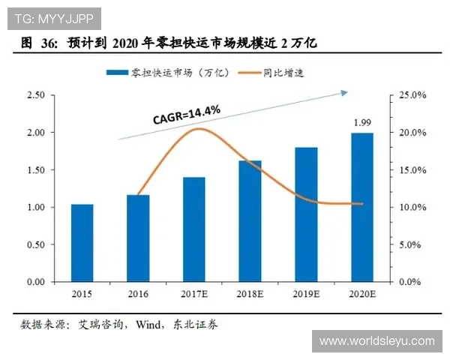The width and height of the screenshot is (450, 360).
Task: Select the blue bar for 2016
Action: [x=138, y=238]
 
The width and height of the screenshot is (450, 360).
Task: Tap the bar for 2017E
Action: [x=193, y=229]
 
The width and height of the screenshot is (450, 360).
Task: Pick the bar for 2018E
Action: [x=250, y=221]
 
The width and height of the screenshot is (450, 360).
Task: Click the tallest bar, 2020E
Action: [x=362, y=207]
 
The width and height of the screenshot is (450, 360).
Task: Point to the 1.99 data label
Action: [x=362, y=121]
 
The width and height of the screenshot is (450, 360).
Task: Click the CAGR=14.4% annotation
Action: [x=186, y=114]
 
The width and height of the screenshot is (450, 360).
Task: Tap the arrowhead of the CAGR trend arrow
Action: [x=344, y=92]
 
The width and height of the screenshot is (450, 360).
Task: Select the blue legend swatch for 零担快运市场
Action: [x=118, y=73]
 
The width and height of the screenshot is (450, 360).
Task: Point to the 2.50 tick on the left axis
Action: [x=35, y=95]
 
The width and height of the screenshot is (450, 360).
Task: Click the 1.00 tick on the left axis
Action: [x=35, y=207]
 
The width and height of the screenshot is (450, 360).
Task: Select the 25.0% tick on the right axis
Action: [x=412, y=95]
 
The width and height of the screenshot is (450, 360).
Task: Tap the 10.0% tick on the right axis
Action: [x=412, y=207]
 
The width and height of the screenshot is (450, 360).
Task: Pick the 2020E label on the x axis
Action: [x=362, y=294]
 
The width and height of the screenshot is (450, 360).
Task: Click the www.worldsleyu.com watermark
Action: [x=376, y=341]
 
